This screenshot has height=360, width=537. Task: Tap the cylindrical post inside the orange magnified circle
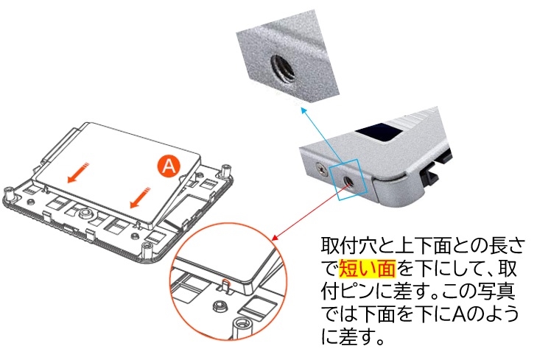pos(239,325)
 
